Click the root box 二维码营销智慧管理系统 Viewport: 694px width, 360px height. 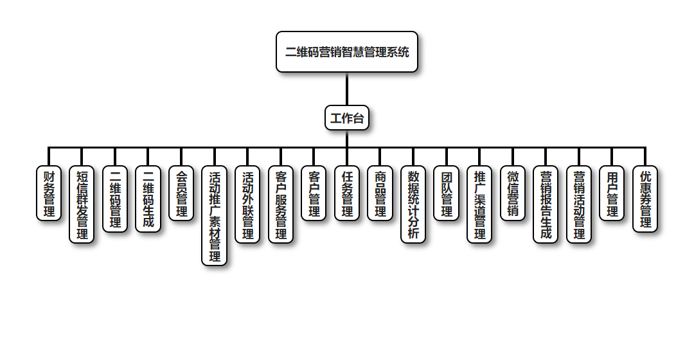[x=347, y=52]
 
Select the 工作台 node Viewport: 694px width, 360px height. [x=347, y=118]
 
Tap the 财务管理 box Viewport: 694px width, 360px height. [x=49, y=194]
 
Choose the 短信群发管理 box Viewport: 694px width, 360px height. [x=82, y=204]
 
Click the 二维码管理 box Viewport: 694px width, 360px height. [x=115, y=199]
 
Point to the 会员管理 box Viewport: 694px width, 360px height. [x=181, y=194]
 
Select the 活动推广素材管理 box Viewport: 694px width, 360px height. [x=215, y=216]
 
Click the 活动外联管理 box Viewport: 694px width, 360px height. [x=247, y=204]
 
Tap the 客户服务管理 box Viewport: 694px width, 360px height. [x=281, y=204]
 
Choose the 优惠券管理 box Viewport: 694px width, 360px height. [x=645, y=199]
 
